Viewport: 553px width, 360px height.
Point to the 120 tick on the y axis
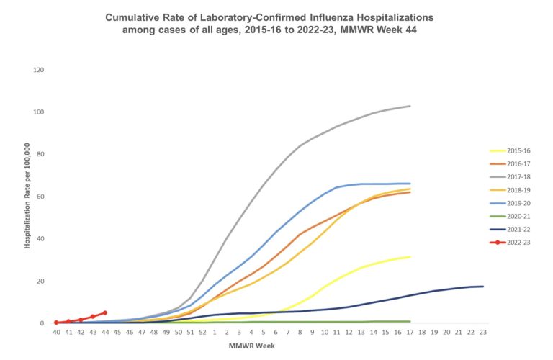[x=39, y=70]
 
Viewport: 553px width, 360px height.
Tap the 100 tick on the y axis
[x=39, y=112]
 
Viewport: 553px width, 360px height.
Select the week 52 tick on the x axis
[x=202, y=333]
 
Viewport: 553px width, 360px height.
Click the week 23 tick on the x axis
[x=482, y=333]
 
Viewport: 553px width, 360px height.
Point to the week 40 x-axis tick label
[x=55, y=333]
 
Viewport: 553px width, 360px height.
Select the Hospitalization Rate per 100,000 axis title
[x=27, y=197]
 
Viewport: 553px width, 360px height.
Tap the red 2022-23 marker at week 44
[x=105, y=313]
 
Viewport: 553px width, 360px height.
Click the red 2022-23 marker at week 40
[x=56, y=323]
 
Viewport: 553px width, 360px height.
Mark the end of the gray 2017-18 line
[x=410, y=107]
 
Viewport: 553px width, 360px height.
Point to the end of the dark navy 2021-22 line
[x=482, y=287]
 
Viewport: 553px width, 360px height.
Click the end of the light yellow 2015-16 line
[x=410, y=257]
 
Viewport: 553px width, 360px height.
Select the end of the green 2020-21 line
[x=410, y=322]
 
